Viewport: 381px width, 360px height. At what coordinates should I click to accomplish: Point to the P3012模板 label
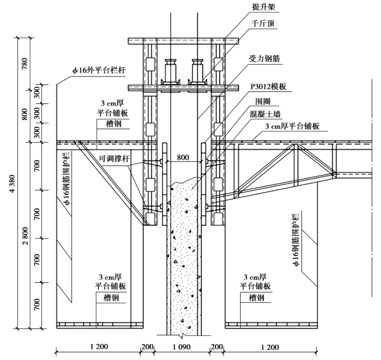tap(269, 87)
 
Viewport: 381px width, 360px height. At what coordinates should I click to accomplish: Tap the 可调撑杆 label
tap(111, 158)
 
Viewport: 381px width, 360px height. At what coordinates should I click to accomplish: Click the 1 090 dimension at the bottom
tap(183, 346)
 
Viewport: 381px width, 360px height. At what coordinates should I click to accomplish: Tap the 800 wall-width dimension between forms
tap(183, 157)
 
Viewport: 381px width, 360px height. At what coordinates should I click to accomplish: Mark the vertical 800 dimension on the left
tap(25, 113)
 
